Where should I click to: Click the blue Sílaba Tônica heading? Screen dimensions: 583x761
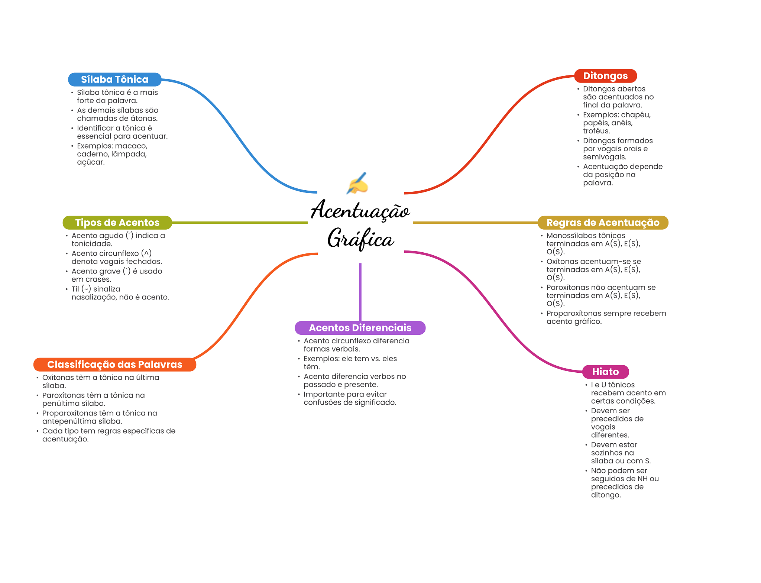tap(114, 80)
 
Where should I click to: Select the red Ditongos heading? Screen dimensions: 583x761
tap(605, 76)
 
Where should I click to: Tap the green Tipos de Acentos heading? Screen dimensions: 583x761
tap(117, 223)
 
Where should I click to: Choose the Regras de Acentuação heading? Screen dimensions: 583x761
tap(603, 223)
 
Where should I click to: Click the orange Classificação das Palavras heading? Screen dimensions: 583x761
tap(114, 365)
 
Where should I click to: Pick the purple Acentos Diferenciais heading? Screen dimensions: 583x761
tap(360, 328)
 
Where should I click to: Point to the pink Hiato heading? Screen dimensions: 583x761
tap(605, 372)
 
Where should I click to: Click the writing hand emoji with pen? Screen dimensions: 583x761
tap(357, 183)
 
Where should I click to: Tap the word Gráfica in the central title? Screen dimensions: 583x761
tap(360, 239)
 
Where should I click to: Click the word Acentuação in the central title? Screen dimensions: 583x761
tap(360, 210)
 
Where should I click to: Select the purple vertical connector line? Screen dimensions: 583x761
tap(360, 292)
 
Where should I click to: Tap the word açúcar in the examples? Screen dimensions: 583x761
tap(91, 162)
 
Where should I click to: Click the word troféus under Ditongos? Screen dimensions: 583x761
tap(596, 131)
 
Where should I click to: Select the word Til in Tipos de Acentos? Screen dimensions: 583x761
tap(75, 289)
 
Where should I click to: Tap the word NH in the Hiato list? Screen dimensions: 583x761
tap(642, 479)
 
